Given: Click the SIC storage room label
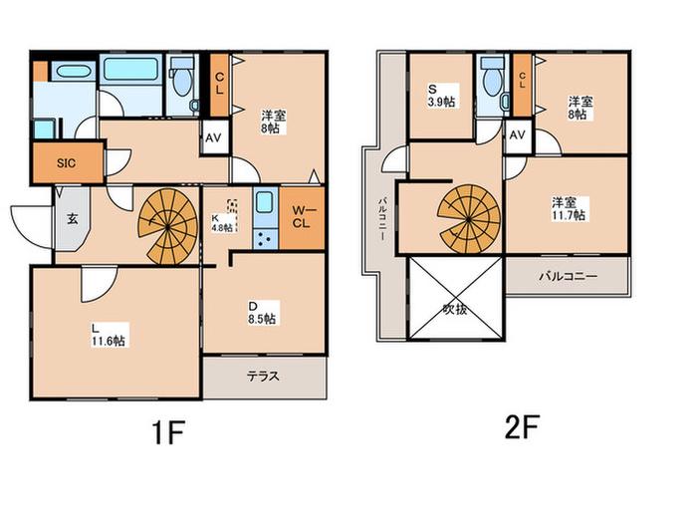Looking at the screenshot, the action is tap(67, 162).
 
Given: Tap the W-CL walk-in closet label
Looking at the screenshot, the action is tap(302, 216).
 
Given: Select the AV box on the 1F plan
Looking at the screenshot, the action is tap(213, 137).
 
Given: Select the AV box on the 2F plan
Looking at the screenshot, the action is tap(518, 135).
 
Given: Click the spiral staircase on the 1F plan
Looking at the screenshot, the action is tap(167, 227).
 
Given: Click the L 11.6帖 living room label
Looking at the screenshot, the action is tap(108, 335).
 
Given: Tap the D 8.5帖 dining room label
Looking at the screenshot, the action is tap(262, 313).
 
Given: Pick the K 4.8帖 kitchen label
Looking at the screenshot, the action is tap(222, 223).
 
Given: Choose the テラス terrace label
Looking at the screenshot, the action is tap(263, 377).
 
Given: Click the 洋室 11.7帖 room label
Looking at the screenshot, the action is tap(569, 209).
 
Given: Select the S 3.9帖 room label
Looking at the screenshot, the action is tap(441, 95).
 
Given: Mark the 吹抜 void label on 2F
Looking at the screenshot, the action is tap(455, 309).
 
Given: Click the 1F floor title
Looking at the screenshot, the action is tap(168, 432).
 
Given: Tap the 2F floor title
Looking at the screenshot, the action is tap(522, 426).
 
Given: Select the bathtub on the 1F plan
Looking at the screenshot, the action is tap(130, 70).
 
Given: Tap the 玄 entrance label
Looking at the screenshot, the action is tap(73, 219).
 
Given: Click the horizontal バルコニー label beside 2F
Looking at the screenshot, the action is tap(569, 276).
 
